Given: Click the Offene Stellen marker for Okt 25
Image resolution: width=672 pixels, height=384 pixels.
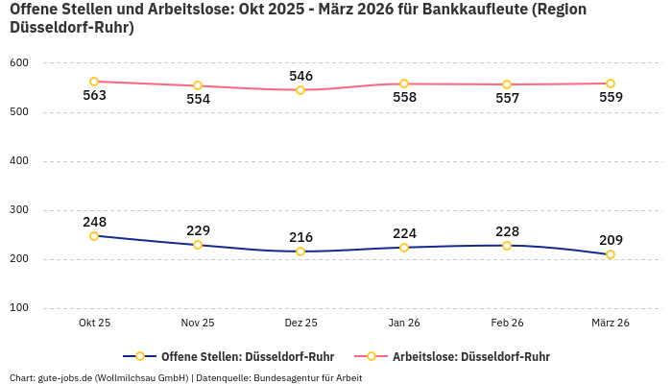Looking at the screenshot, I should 94,236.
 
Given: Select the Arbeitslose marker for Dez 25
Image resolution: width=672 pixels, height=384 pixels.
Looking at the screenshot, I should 300,90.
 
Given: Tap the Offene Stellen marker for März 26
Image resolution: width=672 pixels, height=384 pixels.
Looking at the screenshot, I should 611,254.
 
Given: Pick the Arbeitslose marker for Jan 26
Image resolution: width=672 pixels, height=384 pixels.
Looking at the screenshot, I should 404,84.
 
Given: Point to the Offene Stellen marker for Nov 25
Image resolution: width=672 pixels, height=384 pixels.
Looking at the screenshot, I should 198,245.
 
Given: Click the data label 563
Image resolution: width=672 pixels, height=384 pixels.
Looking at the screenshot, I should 94,95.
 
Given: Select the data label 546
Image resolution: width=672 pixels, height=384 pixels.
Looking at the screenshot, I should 300,76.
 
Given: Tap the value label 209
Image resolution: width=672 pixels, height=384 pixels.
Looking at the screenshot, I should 611,240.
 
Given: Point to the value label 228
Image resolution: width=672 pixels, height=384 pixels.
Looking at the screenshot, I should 507,231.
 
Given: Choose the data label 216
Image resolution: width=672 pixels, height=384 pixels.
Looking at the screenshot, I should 300,237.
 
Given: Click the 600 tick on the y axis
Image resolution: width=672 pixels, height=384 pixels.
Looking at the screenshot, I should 19,63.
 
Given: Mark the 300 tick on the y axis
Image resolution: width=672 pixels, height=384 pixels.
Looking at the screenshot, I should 19,210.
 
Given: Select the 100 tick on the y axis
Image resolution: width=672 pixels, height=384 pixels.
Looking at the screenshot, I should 19,308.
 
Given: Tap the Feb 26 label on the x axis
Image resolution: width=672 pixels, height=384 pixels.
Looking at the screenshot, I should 507,324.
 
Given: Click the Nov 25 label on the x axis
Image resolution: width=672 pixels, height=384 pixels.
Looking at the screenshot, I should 198,324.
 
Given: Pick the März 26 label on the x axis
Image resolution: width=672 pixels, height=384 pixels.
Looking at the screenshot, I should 611,324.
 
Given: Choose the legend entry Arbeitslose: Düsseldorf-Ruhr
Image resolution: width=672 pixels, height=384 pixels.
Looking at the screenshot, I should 470,356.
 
